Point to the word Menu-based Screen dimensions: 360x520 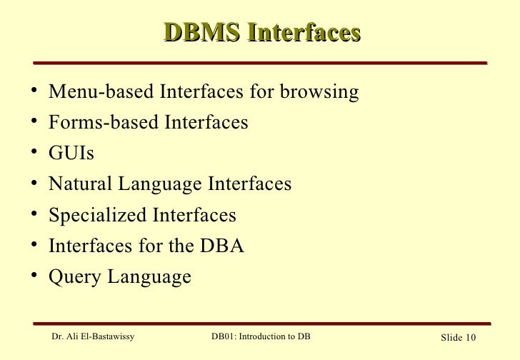click(101, 92)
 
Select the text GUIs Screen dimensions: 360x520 click(71, 154)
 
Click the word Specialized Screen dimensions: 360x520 click(96, 215)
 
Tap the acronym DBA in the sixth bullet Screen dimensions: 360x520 click(221, 246)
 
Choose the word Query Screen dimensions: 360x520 click(75, 277)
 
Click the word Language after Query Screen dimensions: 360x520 click(149, 277)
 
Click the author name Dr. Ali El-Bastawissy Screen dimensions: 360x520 click(94, 337)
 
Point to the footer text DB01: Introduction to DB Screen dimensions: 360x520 click(261, 337)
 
